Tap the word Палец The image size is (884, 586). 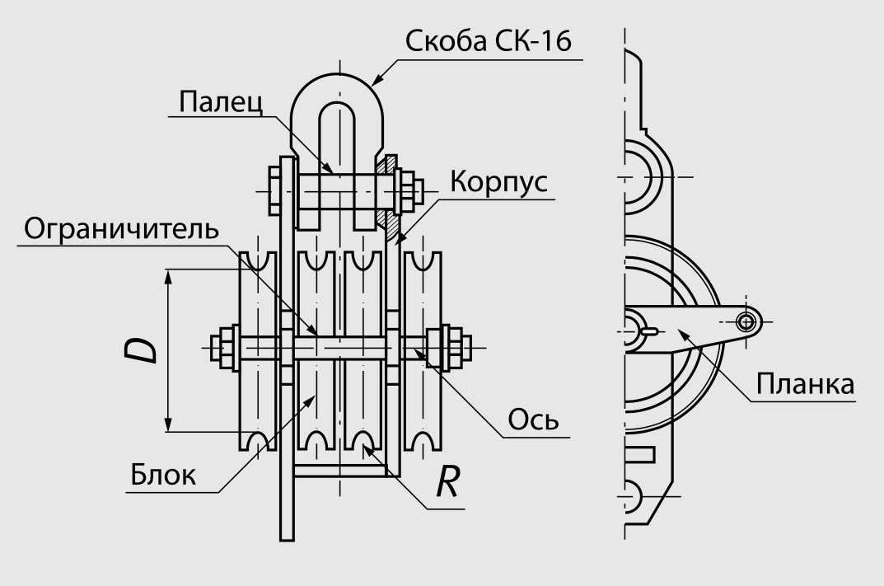click(x=220, y=103)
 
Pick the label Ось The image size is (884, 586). click(x=532, y=421)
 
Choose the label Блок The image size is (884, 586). click(x=163, y=476)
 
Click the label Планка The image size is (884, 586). click(x=804, y=385)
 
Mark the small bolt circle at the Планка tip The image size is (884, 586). click(x=747, y=321)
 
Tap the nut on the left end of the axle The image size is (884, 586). click(x=225, y=348)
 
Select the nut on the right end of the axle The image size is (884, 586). click(x=449, y=348)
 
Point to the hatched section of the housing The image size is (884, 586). click(x=387, y=196)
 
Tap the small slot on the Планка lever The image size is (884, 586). click(x=648, y=332)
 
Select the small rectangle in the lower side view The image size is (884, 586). click(x=640, y=453)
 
